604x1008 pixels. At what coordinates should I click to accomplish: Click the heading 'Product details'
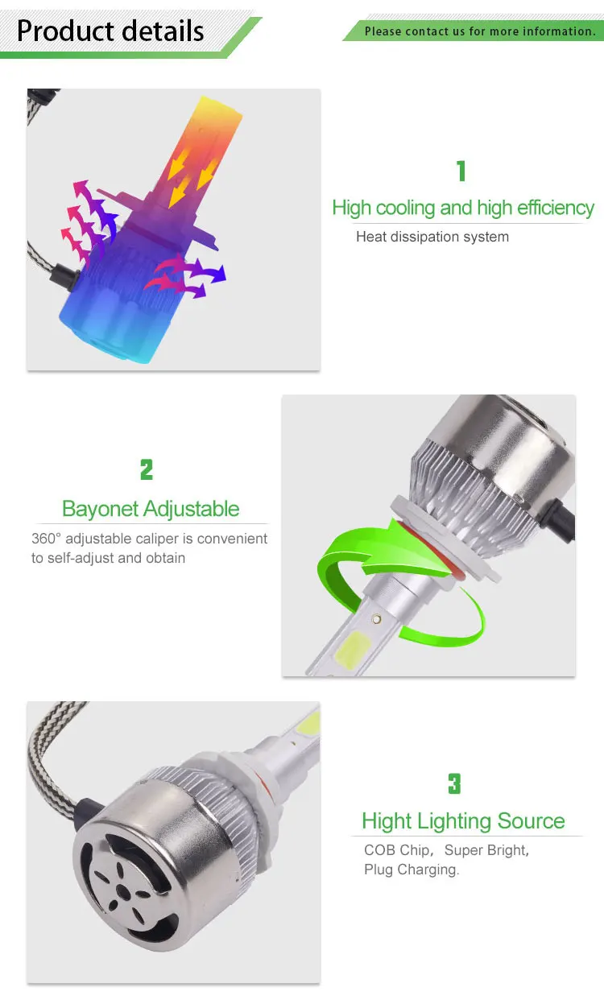pyautogui.click(x=110, y=31)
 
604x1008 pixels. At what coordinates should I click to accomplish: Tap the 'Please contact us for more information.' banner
pyautogui.click(x=480, y=31)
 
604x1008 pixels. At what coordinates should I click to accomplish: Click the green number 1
pyautogui.click(x=461, y=171)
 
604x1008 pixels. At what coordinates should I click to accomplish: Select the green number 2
pyautogui.click(x=146, y=469)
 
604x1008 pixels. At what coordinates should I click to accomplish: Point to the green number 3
pyautogui.click(x=454, y=783)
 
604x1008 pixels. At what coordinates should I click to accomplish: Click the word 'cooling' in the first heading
pyautogui.click(x=406, y=208)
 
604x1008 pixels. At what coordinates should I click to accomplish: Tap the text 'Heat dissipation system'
pyautogui.click(x=432, y=237)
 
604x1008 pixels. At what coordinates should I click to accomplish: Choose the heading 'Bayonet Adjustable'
pyautogui.click(x=151, y=509)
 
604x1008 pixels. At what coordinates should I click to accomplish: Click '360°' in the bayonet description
pyautogui.click(x=48, y=539)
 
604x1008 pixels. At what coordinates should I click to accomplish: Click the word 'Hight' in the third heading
pyautogui.click(x=386, y=821)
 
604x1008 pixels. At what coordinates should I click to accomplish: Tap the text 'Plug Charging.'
pyautogui.click(x=412, y=870)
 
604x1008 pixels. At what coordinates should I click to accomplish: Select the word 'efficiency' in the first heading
pyautogui.click(x=555, y=208)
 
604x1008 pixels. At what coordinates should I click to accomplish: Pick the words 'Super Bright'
pyautogui.click(x=486, y=850)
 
